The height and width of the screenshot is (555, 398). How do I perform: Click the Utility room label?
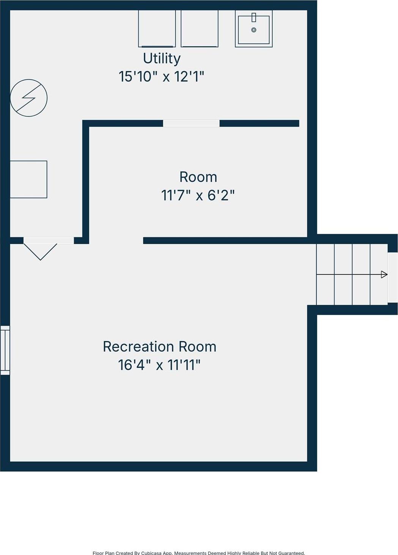pos(162,59)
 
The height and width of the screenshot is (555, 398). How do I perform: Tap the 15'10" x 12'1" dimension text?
pos(161,76)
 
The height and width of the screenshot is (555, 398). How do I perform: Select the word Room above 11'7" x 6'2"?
pos(198,177)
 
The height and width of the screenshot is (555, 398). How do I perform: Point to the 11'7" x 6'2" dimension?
pos(198,195)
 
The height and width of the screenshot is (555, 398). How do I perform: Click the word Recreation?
pos(138,346)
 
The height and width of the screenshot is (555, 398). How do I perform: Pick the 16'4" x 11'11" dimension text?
pos(159,365)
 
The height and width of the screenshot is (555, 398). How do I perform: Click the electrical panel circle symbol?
pos(29,98)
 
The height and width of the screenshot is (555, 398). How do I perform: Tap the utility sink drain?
pos(254,30)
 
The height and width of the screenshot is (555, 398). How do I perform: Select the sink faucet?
pos(254,17)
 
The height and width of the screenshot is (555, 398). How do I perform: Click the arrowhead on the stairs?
pos(384,274)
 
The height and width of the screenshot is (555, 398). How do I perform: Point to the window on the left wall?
pos(5,350)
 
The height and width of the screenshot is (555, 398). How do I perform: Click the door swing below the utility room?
pos(41,252)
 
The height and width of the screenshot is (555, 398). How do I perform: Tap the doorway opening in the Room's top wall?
pos(191,123)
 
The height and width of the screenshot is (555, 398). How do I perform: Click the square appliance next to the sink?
pos(200,28)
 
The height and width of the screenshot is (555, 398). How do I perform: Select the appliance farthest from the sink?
pos(157,28)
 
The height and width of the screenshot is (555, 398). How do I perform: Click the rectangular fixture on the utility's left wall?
pos(28,179)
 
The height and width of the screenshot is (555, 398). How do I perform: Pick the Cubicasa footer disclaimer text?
pos(199,553)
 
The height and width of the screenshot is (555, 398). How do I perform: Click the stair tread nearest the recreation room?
pos(326,274)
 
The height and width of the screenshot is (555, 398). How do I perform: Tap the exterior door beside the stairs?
pos(393,277)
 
